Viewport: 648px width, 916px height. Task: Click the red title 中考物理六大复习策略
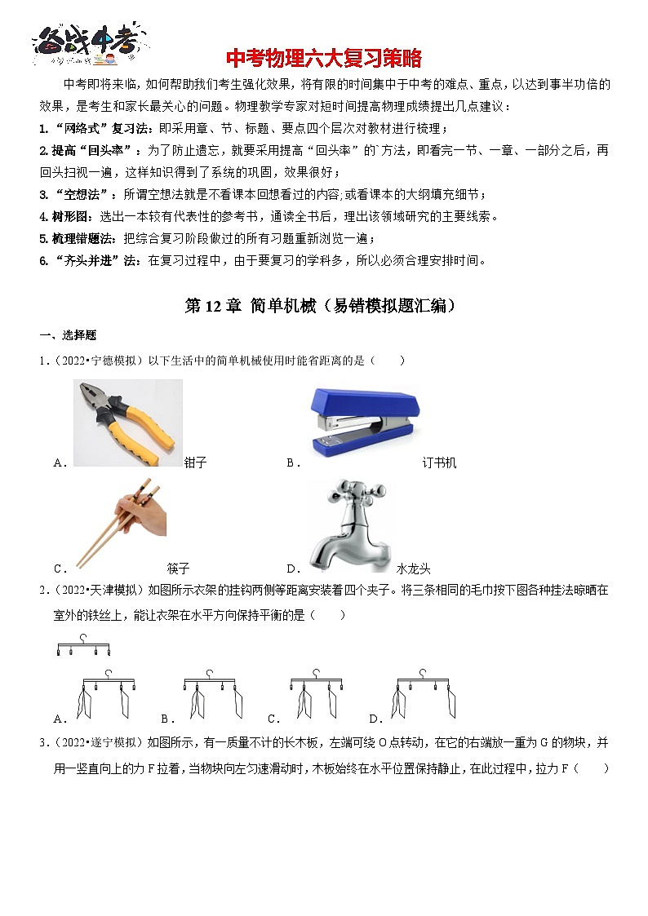pos(323,58)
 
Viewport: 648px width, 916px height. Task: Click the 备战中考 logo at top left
pos(90,43)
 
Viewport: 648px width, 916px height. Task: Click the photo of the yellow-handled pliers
pos(127,423)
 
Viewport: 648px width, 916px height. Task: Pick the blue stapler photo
pos(363,423)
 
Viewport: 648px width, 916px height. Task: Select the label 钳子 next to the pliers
pos(196,462)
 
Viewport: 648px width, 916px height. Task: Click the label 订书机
pos(439,462)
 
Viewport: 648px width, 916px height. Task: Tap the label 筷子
pos(178,569)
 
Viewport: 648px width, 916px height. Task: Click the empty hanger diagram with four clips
pos(83,646)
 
